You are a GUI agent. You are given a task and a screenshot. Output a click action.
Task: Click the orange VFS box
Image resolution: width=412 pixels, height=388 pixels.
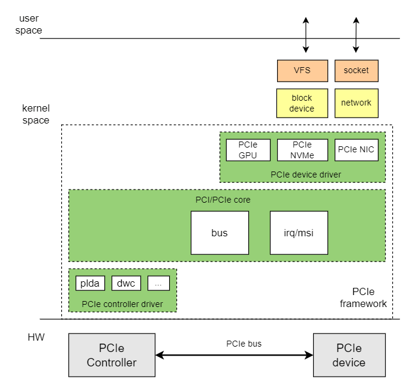[x=302, y=71]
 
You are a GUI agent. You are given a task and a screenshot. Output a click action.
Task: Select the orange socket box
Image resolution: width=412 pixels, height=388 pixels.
[x=356, y=71]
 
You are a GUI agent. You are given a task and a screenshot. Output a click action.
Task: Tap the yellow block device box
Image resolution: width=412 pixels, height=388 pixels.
[x=302, y=103]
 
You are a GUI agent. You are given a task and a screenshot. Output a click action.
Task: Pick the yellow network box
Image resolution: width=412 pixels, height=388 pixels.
[x=356, y=103]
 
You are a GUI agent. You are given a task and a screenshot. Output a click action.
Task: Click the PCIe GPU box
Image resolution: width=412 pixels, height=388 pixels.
[x=248, y=150]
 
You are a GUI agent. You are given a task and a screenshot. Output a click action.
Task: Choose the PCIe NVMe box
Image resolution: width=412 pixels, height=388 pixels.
[x=302, y=150]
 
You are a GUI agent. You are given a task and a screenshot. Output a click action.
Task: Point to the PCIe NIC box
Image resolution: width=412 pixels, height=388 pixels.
[x=356, y=150]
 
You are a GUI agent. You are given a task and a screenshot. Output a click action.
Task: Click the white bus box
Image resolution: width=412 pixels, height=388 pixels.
[x=219, y=233]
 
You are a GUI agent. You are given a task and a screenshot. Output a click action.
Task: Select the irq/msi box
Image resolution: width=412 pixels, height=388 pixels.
[x=299, y=233]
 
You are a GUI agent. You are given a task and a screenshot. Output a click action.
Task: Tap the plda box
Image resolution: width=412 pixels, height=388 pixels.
[x=91, y=283]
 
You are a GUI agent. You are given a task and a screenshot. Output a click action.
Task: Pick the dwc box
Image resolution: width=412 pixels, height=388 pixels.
[x=126, y=283]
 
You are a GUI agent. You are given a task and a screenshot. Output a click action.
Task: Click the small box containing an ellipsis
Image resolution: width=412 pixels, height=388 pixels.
[x=158, y=283]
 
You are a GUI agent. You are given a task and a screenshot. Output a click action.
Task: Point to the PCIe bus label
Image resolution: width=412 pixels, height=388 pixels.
[x=243, y=344]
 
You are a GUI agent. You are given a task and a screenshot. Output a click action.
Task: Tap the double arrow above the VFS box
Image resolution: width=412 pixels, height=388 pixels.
[x=306, y=35]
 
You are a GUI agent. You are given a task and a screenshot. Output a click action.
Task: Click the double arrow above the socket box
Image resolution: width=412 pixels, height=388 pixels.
[x=356, y=35]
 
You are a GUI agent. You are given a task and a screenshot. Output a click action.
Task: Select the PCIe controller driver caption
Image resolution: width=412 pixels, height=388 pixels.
[x=122, y=303]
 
